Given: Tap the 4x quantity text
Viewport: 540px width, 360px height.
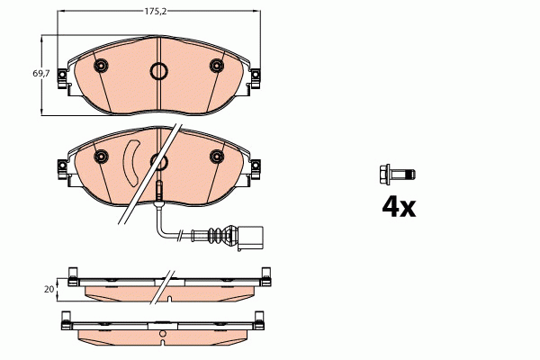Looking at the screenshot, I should (x=399, y=208).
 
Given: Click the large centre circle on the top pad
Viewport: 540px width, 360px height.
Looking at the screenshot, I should (x=158, y=73).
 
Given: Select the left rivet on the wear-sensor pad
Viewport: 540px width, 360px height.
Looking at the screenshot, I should (x=101, y=157).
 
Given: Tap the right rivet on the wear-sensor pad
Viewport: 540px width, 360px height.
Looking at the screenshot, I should (x=216, y=157).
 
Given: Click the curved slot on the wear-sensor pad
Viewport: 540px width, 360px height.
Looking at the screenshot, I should (x=129, y=162).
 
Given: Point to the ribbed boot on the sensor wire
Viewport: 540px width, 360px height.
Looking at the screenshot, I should (x=218, y=238).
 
